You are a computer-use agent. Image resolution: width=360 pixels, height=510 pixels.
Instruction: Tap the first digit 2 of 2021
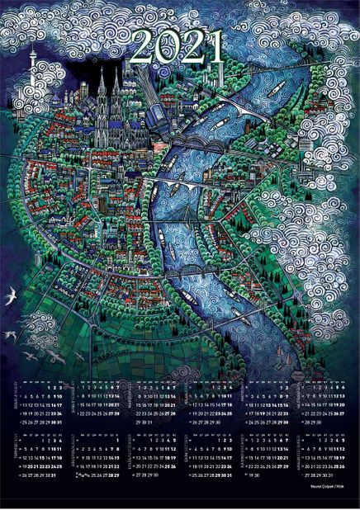tap(141, 49)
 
